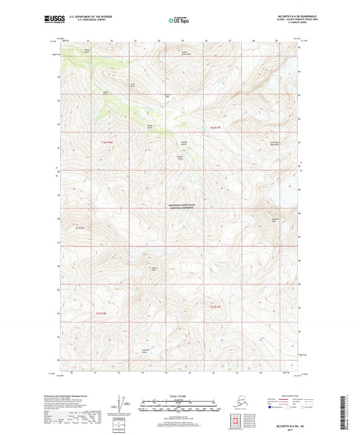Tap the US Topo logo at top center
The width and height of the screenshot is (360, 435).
tap(179, 20)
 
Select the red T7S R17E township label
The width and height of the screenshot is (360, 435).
tap(215, 306)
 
